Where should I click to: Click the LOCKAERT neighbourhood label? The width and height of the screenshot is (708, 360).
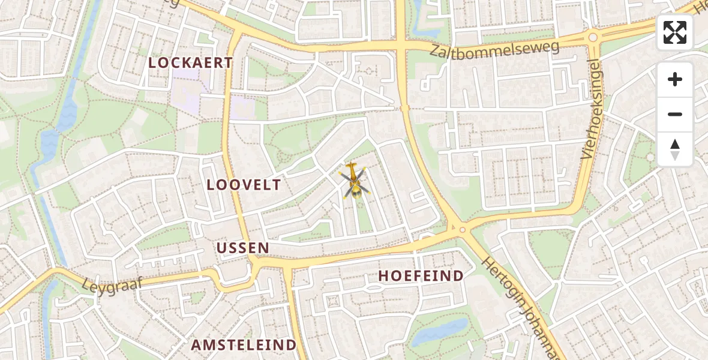190,62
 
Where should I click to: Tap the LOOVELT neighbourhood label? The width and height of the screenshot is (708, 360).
244,185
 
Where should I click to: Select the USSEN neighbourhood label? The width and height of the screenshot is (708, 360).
242,248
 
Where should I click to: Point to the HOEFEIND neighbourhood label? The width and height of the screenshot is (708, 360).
421,276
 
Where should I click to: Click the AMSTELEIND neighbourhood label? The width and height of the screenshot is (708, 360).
244,345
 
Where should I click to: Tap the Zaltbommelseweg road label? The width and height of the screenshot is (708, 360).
494,49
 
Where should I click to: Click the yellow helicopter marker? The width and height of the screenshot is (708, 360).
354,181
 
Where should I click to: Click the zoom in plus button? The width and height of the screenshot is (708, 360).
675,80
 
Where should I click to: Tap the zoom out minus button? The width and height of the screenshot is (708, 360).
675,114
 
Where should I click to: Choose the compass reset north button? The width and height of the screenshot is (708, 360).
675,149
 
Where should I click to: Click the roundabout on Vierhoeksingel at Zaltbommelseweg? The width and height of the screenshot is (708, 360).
593,37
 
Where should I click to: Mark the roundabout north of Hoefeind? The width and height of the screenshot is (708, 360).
461,229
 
